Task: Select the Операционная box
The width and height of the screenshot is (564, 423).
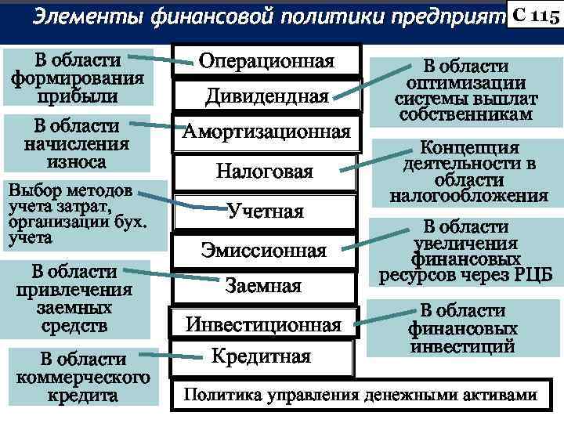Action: (266, 61)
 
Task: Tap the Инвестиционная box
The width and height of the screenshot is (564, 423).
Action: (263, 324)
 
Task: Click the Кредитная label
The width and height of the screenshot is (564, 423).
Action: (262, 356)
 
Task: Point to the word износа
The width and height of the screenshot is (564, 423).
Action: (75, 161)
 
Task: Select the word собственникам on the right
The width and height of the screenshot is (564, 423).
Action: (465, 114)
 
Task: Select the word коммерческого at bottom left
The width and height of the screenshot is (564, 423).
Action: (83, 378)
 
